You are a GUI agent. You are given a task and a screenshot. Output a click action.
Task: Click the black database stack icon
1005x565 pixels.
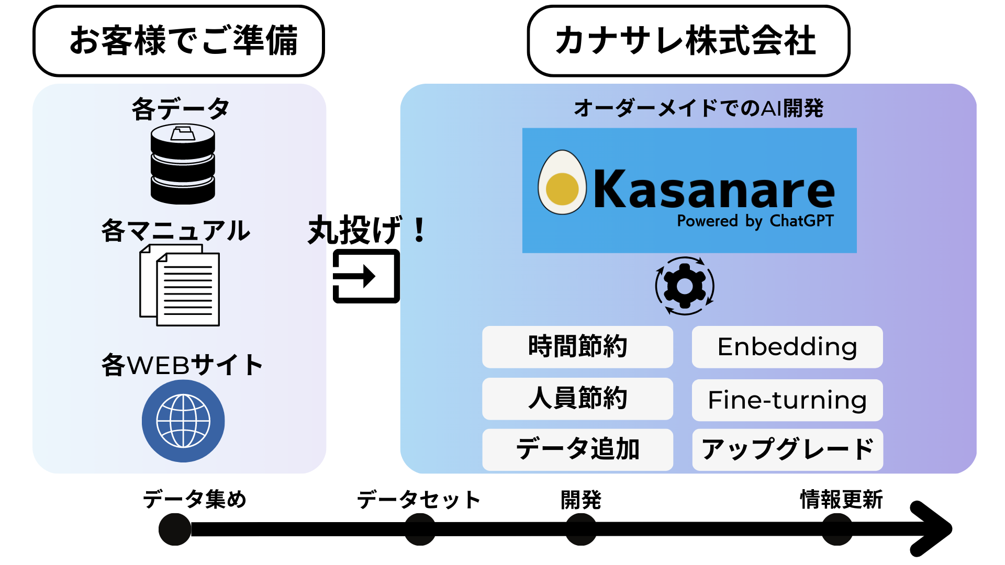pos(183,164)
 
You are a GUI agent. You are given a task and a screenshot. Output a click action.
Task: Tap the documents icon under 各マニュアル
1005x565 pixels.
pos(180,286)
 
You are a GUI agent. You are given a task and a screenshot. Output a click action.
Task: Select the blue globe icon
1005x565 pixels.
pos(183,421)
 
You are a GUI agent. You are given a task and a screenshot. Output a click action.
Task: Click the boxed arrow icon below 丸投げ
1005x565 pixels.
pos(366,276)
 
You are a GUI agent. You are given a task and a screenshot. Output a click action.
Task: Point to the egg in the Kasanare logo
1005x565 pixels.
pos(562,183)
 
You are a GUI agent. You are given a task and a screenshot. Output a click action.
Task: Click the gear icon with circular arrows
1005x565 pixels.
pos(685,286)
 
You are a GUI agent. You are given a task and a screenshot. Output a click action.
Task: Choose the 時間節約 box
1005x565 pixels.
pos(577,347)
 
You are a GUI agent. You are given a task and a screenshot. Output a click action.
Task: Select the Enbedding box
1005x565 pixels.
pos(787,347)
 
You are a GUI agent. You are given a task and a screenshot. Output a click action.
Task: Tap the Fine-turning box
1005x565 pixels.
pos(787,400)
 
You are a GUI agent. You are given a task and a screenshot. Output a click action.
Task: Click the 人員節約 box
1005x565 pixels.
pos(577,399)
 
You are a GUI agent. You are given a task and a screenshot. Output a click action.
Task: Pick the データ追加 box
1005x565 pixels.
pos(577,449)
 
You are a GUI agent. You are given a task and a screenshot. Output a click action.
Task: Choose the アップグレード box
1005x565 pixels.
pos(787,449)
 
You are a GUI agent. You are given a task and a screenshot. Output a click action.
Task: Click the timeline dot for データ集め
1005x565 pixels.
pos(175,529)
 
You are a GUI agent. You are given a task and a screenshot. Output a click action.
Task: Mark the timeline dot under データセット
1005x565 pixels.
pos(420,529)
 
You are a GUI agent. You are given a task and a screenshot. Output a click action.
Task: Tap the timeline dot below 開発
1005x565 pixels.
pos(581,529)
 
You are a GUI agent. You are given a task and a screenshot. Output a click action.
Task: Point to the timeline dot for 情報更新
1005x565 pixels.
pos(837,529)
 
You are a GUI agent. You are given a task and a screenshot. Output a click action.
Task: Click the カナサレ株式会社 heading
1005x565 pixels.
pos(688,41)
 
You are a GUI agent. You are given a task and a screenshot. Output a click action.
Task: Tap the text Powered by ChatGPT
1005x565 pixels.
pos(755,221)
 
